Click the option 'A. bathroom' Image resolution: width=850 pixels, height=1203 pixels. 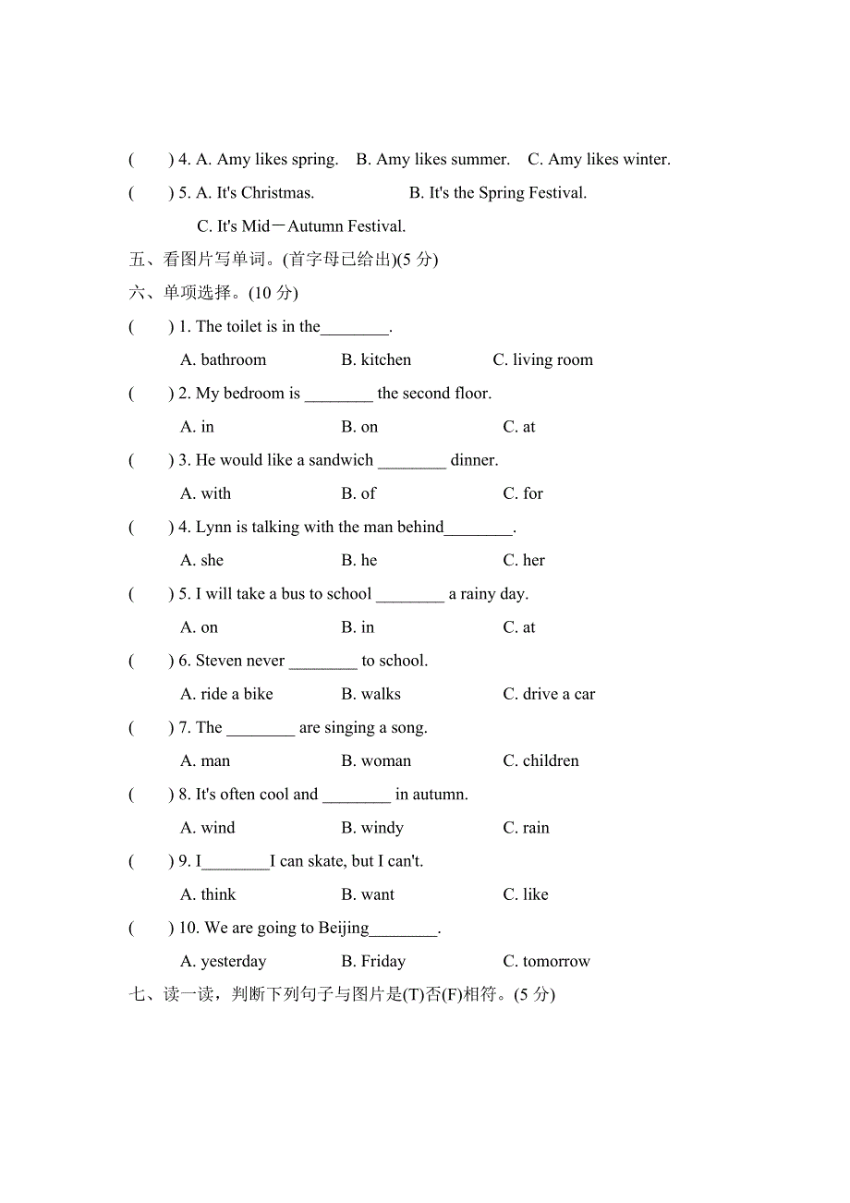pyautogui.click(x=223, y=359)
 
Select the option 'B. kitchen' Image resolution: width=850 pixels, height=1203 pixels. pyautogui.click(x=376, y=359)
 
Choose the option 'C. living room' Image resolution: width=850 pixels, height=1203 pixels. pyautogui.click(x=542, y=359)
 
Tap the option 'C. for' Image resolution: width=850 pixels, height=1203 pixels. pyautogui.click(x=523, y=493)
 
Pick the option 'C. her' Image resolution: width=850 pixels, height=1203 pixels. pyautogui.click(x=524, y=560)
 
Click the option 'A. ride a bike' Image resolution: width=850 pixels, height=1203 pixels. pyautogui.click(x=226, y=694)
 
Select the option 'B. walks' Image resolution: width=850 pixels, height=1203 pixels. pyautogui.click(x=370, y=694)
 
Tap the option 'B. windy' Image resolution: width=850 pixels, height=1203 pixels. pyautogui.click(x=372, y=828)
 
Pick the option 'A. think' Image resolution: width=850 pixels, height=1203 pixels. pyautogui.click(x=208, y=894)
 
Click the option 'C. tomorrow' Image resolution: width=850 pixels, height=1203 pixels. pyautogui.click(x=546, y=961)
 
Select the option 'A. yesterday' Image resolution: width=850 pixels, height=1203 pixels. pyautogui.click(x=223, y=961)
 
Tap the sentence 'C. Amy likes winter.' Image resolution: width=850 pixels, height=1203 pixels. pyautogui.click(x=599, y=159)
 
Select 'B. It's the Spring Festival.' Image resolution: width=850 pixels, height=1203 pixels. pyautogui.click(x=498, y=192)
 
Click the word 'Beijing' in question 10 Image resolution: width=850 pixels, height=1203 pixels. pyautogui.click(x=343, y=928)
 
